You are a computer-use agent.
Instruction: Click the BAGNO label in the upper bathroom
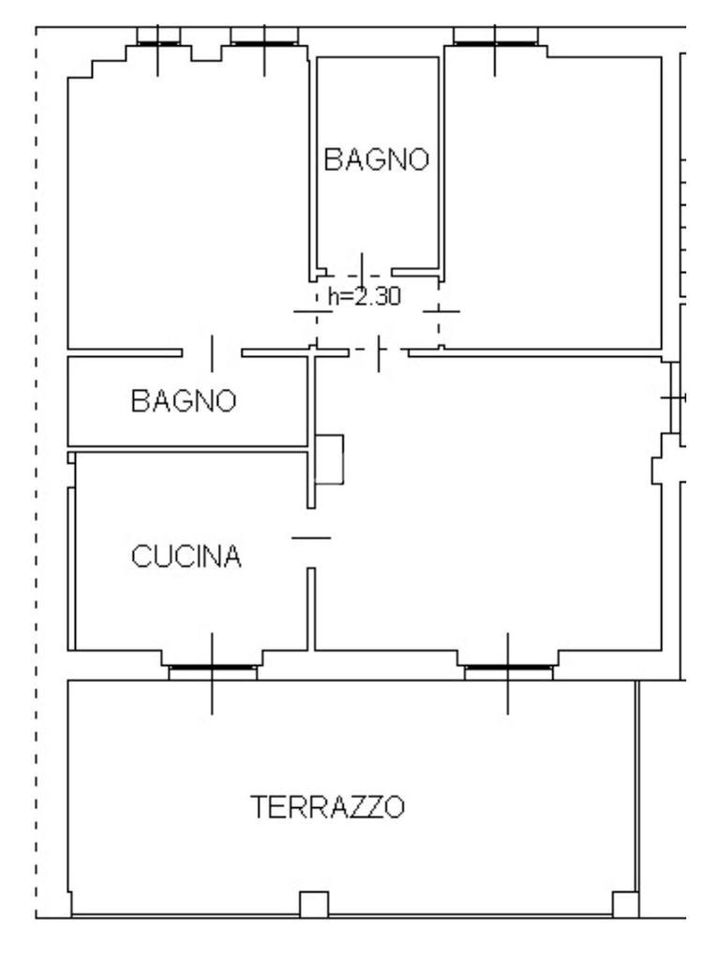coord(376,159)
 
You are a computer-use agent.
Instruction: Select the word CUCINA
coord(187,557)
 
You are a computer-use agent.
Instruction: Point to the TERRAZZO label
coord(327,805)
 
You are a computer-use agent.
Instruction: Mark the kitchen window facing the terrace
coord(212,668)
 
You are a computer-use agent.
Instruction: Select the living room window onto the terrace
coord(508,668)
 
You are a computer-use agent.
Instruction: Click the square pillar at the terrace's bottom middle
coord(313,905)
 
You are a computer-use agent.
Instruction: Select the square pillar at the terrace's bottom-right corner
coord(625,905)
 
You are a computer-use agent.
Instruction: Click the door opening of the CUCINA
coord(311,538)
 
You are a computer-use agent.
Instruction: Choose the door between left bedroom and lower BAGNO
coord(212,352)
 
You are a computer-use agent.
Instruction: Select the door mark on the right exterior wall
coord(672,397)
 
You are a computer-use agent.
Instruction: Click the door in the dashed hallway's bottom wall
coord(379,352)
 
